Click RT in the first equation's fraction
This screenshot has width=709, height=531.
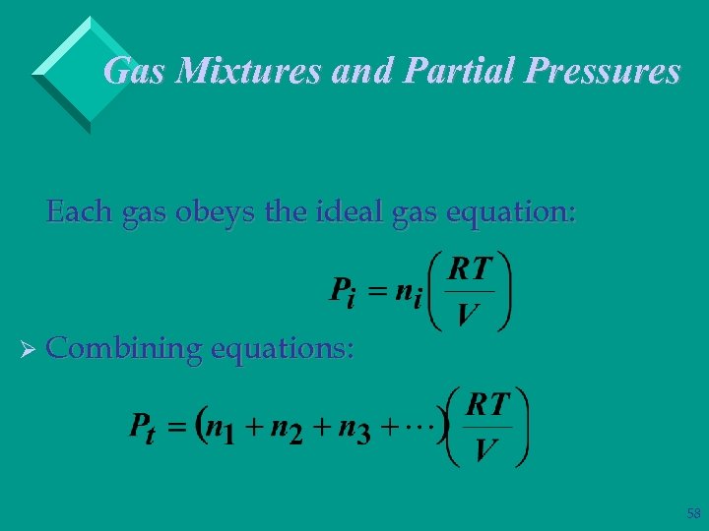pos(471,268)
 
